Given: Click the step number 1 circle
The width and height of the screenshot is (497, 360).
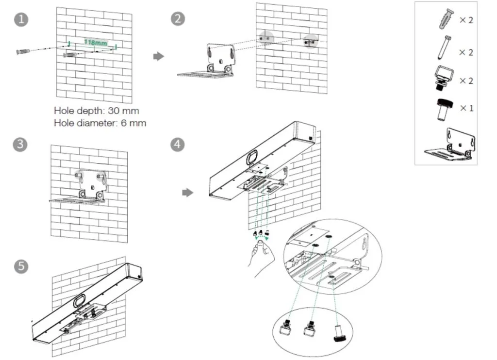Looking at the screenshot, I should point(21,19).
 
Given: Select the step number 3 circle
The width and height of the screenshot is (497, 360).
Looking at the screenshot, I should point(21,145).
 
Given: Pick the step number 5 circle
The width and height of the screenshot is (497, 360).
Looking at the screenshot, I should point(21,267).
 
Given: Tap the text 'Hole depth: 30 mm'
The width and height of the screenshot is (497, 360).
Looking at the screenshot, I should point(97,111).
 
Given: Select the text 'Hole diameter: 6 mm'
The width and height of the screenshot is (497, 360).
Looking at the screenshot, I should point(100,123).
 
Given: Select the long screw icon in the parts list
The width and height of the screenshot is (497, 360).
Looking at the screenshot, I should point(446,49).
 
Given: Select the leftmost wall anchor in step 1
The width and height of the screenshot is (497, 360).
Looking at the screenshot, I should point(23,51).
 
